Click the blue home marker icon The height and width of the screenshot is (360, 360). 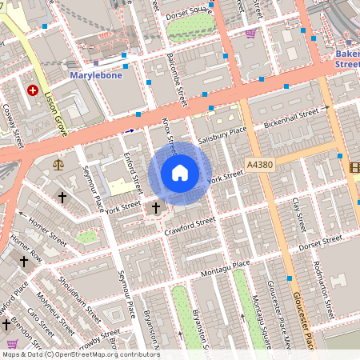tap(180, 173)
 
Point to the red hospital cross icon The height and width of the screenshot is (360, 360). tap(33, 91)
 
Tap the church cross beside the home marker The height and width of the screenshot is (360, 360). tap(156, 208)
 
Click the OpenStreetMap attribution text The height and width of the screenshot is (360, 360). tap(80, 354)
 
